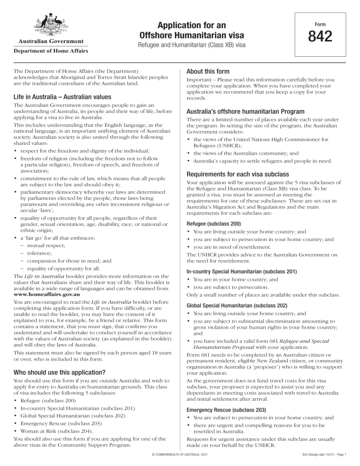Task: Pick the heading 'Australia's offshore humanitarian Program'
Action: click(x=239, y=112)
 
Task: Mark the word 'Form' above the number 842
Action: click(x=320, y=23)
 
